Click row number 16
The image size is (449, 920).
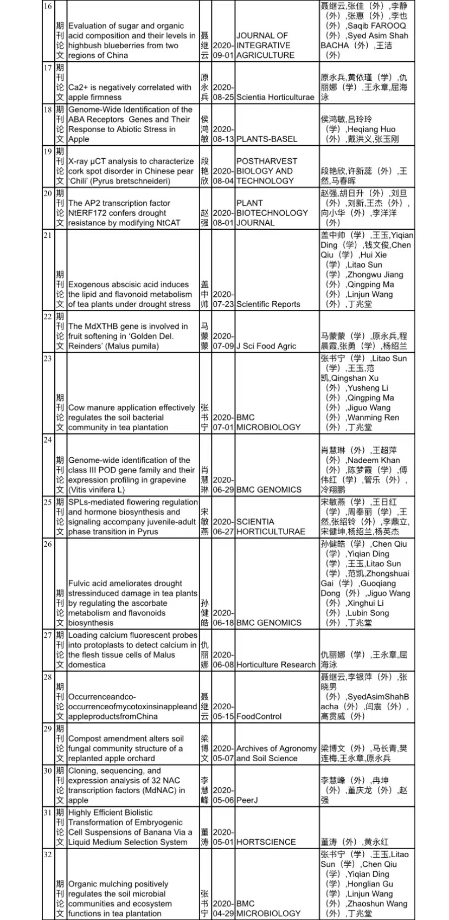[x=48, y=6]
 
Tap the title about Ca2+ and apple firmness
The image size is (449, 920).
[x=130, y=92]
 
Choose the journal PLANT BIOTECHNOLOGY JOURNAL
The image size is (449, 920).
[x=272, y=213]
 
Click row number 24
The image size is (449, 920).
[x=48, y=440]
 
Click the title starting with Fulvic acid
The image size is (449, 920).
[x=132, y=603]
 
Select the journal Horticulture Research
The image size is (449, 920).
[x=275, y=665]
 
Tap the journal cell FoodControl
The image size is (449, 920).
[x=259, y=716]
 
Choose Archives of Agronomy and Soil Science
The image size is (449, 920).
[x=276, y=754]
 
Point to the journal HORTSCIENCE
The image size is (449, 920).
[x=266, y=842]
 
